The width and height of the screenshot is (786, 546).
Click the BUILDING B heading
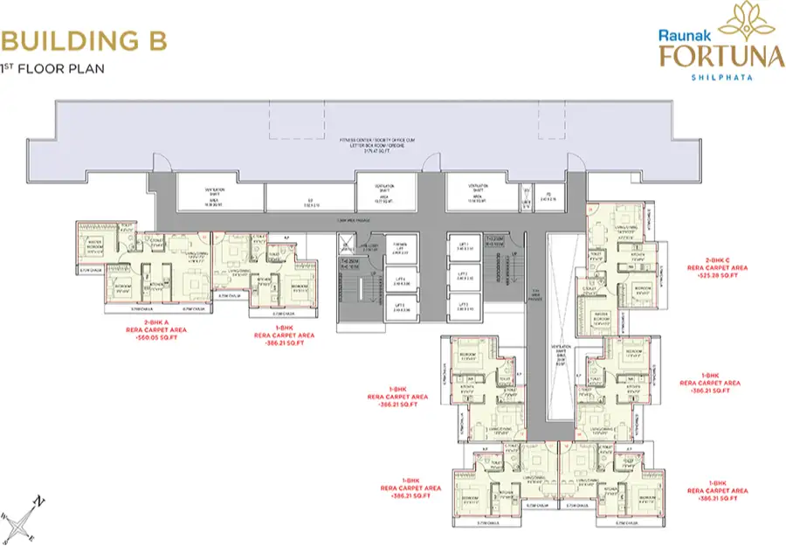point(85,40)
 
